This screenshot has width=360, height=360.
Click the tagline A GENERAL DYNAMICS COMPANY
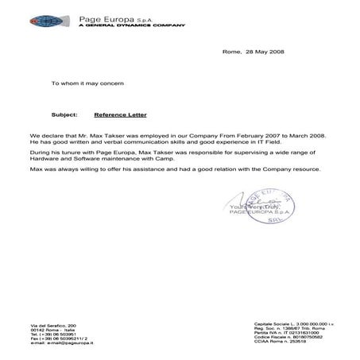[x=126, y=24]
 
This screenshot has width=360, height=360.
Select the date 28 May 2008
[x=265, y=51]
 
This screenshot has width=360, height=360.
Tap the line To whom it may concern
[x=87, y=83]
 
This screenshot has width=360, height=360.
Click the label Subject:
[x=64, y=114]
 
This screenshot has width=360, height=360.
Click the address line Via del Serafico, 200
[x=54, y=327]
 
